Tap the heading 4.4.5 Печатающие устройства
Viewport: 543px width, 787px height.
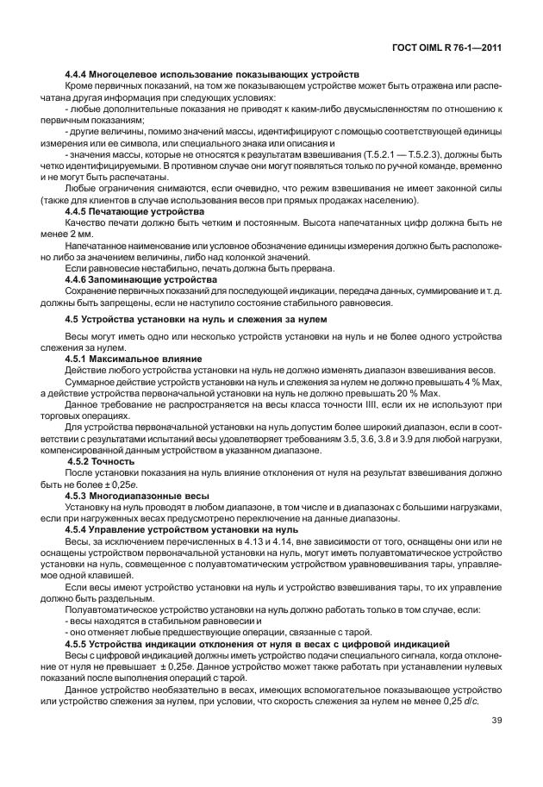pyautogui.click(x=134, y=211)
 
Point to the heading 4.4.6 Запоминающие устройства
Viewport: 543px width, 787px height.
pyautogui.click(x=141, y=279)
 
